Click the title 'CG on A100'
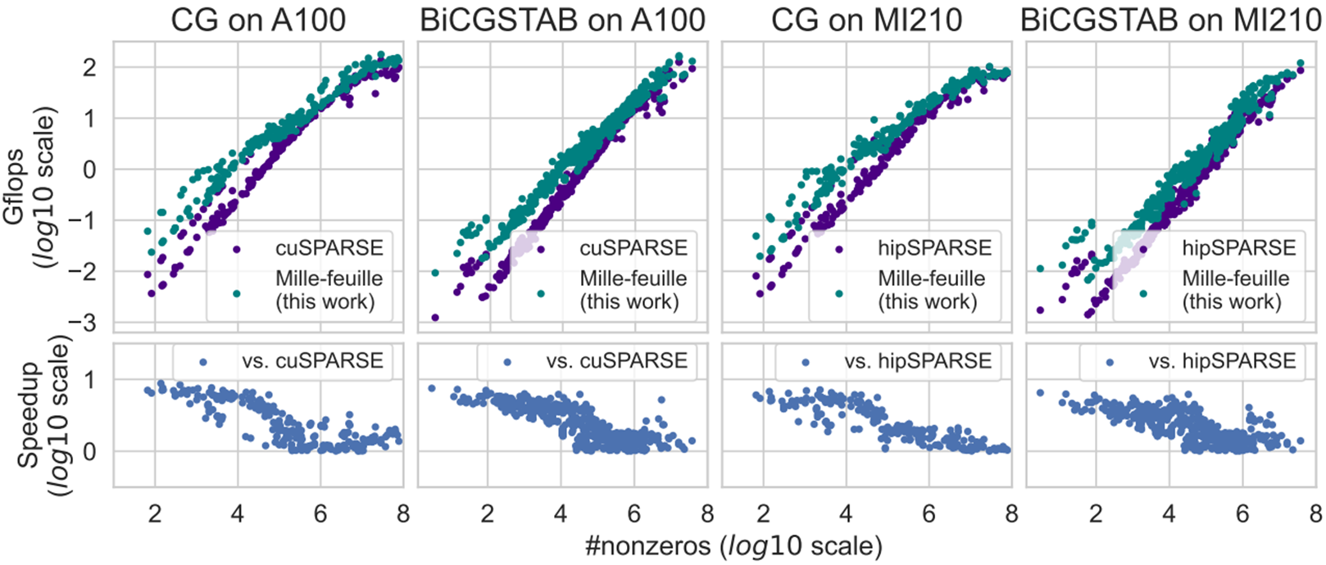pos(258,20)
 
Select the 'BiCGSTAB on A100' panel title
pos(562,20)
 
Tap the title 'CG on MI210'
pos(867,20)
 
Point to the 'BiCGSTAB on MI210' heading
pos(1171,20)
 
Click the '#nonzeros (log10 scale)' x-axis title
pos(733,546)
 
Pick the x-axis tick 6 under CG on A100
pos(320,513)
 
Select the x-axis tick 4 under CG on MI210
pos(846,513)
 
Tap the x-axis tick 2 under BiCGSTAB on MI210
pos(1096,513)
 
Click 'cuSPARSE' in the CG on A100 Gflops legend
pos(329,248)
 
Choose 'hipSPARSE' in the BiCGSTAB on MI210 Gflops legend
pos(1238,248)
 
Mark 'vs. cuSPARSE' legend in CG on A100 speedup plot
pos(312,361)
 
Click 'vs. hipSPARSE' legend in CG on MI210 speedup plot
pos(918,361)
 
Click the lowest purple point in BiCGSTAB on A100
pos(434,317)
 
